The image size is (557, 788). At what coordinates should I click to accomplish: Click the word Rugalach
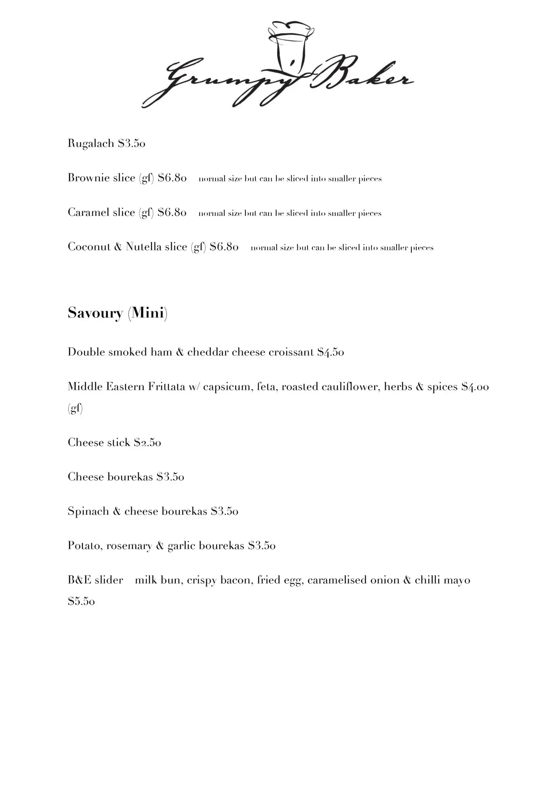91,144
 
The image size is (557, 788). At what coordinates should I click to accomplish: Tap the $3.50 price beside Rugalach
131,144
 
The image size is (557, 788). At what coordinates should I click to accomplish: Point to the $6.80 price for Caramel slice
172,212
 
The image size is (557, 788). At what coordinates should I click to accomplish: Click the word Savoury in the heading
95,313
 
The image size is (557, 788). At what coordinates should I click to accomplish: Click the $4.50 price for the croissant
330,352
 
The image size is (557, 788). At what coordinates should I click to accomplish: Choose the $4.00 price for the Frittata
475,387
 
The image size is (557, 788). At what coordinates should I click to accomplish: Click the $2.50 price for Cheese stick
147,442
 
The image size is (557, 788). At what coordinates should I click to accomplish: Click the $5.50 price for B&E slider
81,602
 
